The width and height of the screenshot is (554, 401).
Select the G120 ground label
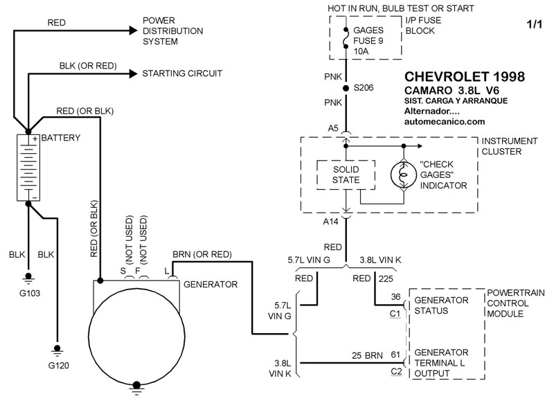(57, 363)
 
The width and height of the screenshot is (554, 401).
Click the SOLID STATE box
(345, 175)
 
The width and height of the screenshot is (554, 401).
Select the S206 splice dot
(346, 88)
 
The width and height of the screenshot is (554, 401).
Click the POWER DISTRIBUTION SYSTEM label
(173, 30)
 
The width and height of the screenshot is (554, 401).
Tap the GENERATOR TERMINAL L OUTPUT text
(443, 362)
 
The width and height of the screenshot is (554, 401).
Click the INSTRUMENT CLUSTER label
(508, 146)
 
